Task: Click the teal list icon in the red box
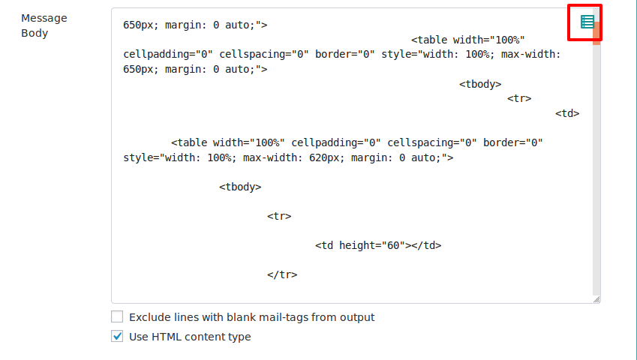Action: [x=587, y=22]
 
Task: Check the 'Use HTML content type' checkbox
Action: [x=117, y=336]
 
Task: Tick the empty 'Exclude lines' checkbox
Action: [x=117, y=316]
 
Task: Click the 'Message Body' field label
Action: [x=44, y=25]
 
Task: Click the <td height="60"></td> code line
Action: [x=378, y=245]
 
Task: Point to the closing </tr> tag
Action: [x=282, y=274]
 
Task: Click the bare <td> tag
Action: [x=567, y=114]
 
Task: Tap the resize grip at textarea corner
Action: [x=596, y=299]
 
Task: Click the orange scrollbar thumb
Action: [x=596, y=33]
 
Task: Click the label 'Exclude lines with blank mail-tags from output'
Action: [x=252, y=317]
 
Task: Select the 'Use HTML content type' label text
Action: [x=190, y=337]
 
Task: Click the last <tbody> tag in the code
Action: [x=240, y=187]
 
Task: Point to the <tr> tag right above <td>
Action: [x=519, y=98]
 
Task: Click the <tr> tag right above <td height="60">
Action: [x=279, y=216]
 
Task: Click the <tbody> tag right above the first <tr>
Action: [x=480, y=85]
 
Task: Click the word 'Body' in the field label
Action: [x=35, y=33]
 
